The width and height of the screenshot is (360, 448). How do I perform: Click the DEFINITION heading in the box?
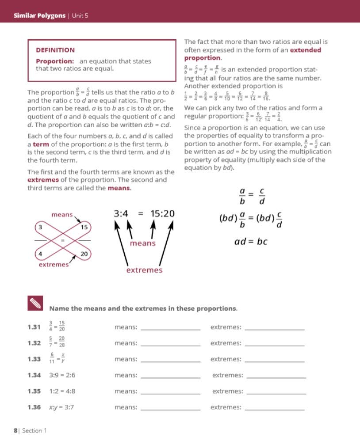[x=55, y=50]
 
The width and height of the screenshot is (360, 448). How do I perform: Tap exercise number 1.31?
[x=34, y=327]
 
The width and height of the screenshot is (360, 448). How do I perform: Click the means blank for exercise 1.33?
[x=170, y=359]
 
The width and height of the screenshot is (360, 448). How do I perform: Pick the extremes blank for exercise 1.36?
[x=274, y=407]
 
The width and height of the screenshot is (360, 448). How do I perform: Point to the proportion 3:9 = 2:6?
[x=62, y=375]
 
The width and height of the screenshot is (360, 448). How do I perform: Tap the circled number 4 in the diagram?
[x=40, y=254]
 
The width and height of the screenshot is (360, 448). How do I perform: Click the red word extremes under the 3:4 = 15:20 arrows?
[x=144, y=270]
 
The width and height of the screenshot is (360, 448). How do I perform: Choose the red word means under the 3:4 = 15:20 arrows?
[x=143, y=243]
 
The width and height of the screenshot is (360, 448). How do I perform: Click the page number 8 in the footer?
[x=15, y=430]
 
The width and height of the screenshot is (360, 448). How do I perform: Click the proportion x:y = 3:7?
[x=61, y=407]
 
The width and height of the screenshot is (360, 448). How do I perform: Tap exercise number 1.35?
[x=34, y=391]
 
